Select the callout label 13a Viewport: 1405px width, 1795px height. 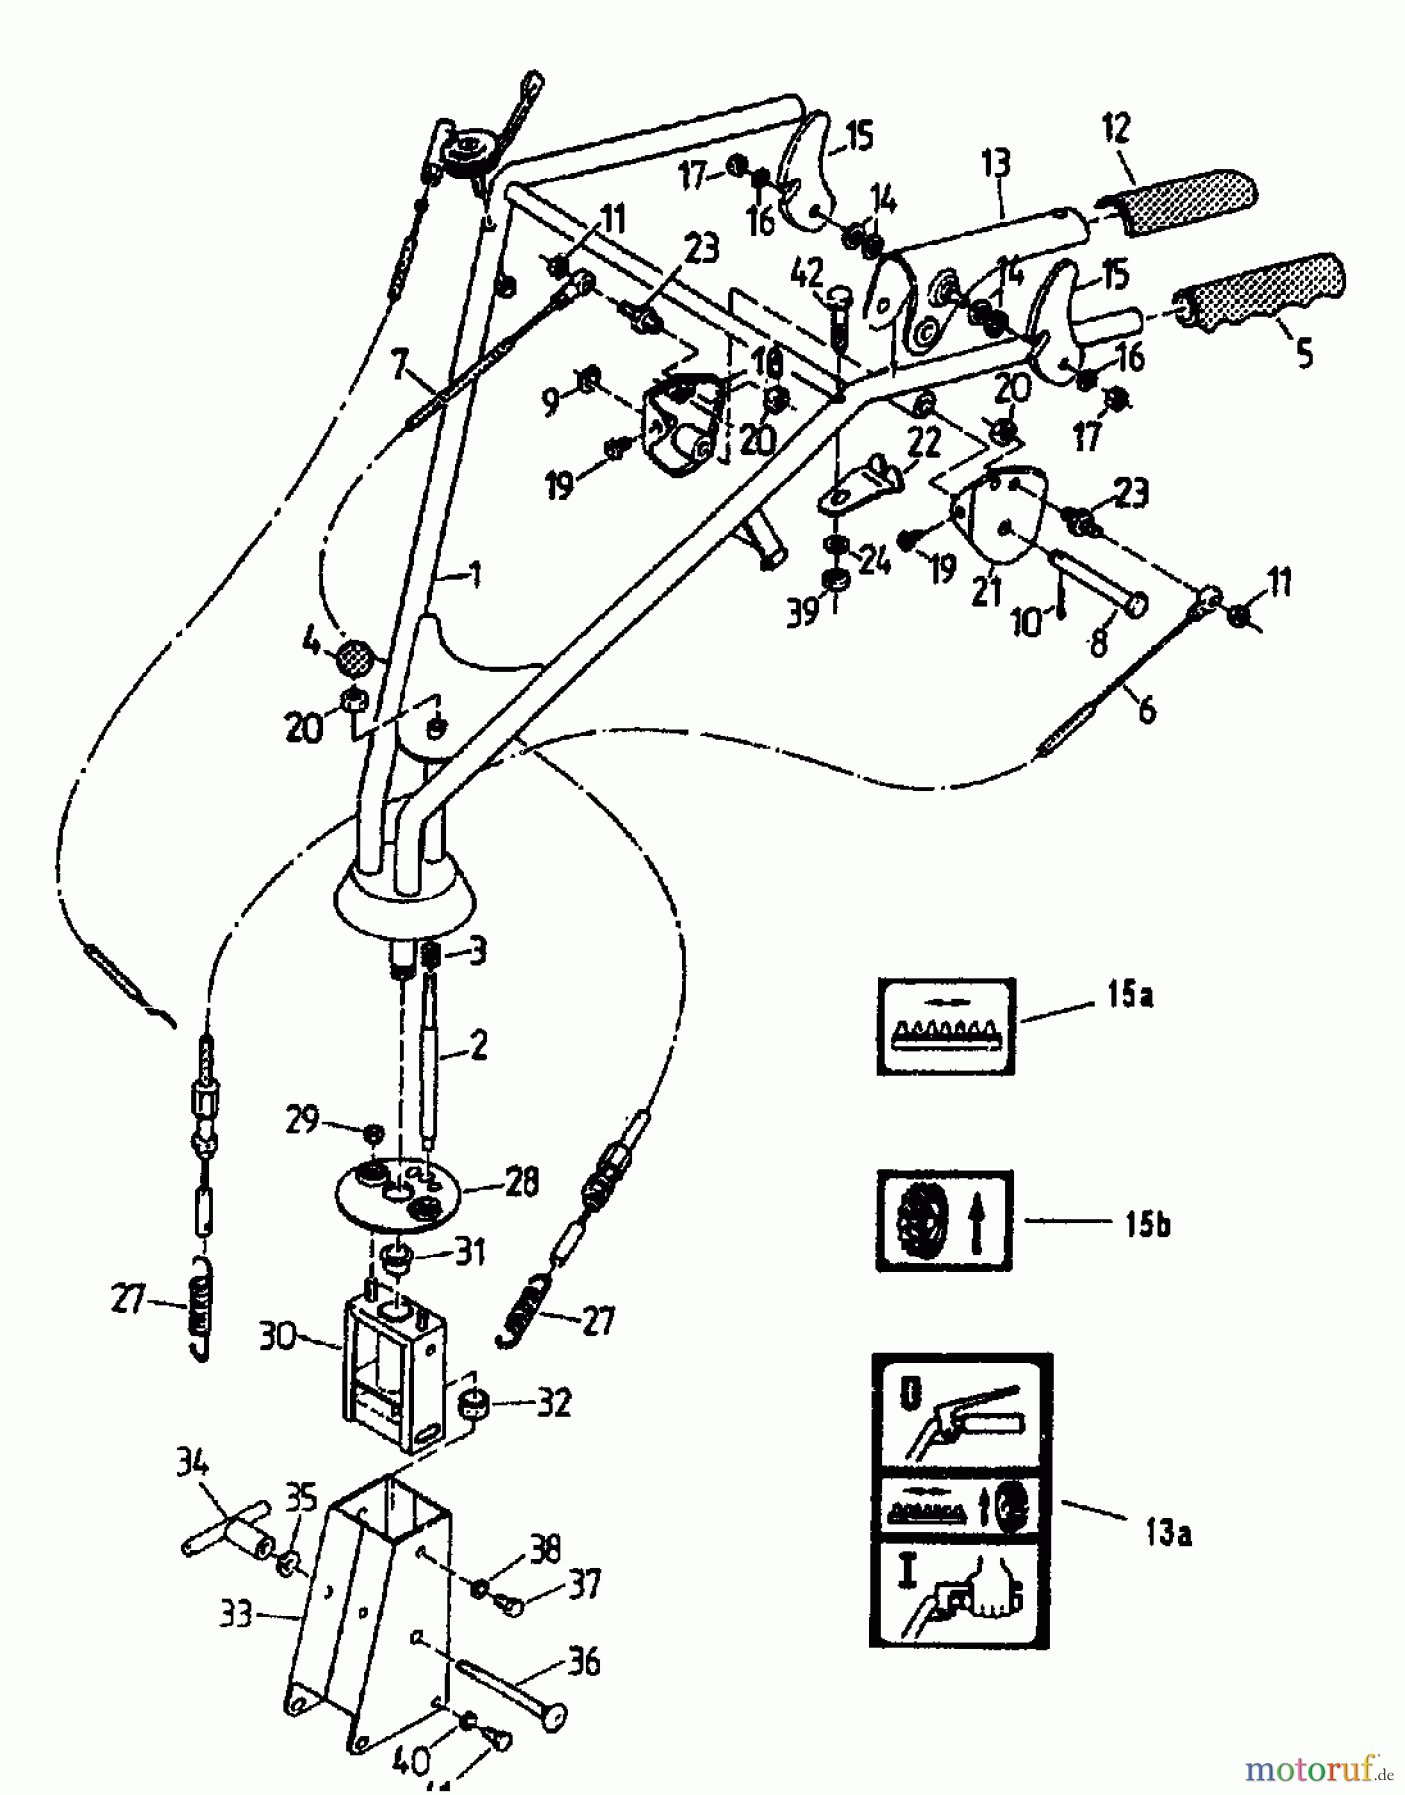point(1168,1533)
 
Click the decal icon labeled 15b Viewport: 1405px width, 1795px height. point(943,1221)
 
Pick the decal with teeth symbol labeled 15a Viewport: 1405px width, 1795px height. point(944,1025)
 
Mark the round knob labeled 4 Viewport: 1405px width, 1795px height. point(356,658)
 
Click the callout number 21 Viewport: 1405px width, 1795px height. point(987,592)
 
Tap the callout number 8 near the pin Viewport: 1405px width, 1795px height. point(1098,643)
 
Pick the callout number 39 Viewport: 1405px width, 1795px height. point(802,610)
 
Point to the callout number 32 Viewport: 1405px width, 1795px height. point(554,1403)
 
